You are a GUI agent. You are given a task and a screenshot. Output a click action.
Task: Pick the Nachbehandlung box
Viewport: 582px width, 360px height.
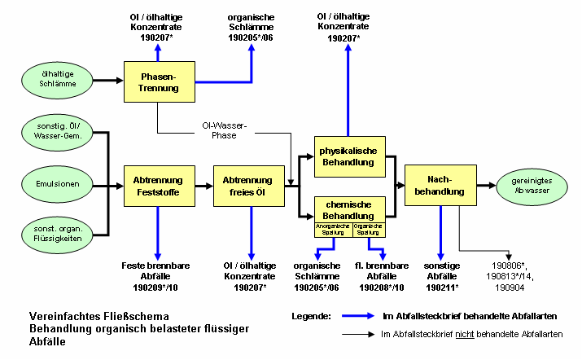point(440,186)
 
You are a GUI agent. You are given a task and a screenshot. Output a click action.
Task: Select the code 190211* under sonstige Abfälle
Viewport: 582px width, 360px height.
point(441,287)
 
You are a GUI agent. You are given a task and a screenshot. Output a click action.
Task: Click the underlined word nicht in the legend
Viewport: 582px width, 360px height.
point(465,334)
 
